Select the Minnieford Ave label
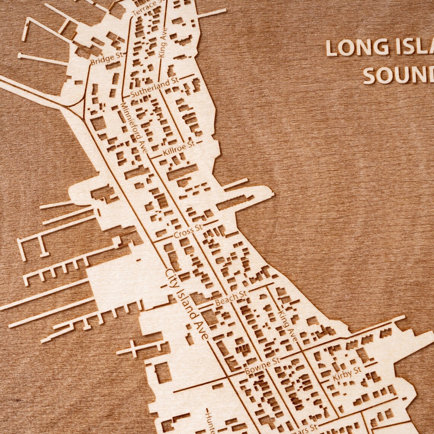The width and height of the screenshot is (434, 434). click(134, 128)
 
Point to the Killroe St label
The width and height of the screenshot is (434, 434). click(178, 148)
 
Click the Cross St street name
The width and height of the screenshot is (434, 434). click(188, 232)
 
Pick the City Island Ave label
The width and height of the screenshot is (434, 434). click(187, 305)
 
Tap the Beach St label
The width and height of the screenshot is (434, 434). click(230, 298)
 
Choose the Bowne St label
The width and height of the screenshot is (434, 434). click(262, 365)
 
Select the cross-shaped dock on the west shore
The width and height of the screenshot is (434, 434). click(133, 348)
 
